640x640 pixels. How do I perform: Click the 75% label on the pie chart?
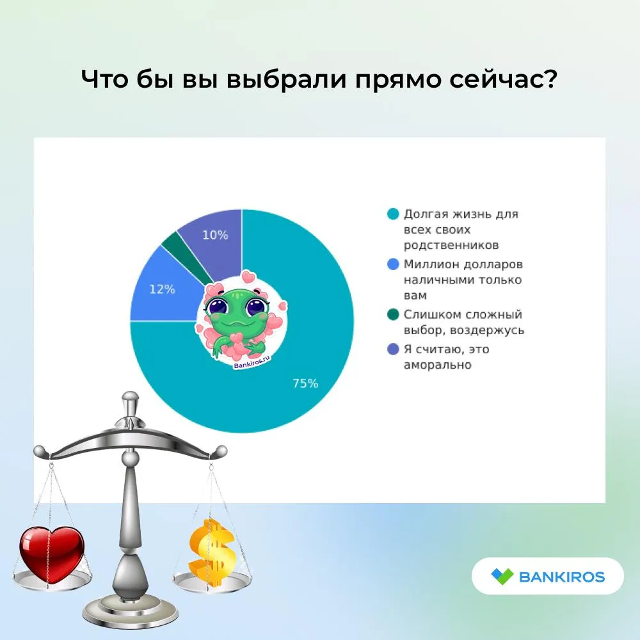tap(305, 383)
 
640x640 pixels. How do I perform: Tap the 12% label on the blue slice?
tap(162, 289)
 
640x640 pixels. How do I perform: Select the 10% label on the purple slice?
tap(215, 235)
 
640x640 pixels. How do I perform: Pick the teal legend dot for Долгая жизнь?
tap(393, 214)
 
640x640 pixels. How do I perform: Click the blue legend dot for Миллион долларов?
tap(393, 264)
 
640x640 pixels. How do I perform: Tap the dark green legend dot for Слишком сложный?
tap(393, 314)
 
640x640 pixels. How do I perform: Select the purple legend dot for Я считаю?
tap(393, 349)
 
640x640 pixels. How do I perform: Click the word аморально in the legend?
tap(438, 365)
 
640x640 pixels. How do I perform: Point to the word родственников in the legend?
tap(451, 245)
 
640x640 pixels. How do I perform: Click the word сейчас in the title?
tap(503, 79)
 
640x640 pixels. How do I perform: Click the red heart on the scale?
tap(52, 554)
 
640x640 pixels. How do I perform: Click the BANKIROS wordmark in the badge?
tap(562, 577)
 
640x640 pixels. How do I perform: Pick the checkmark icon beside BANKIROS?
tap(502, 577)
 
